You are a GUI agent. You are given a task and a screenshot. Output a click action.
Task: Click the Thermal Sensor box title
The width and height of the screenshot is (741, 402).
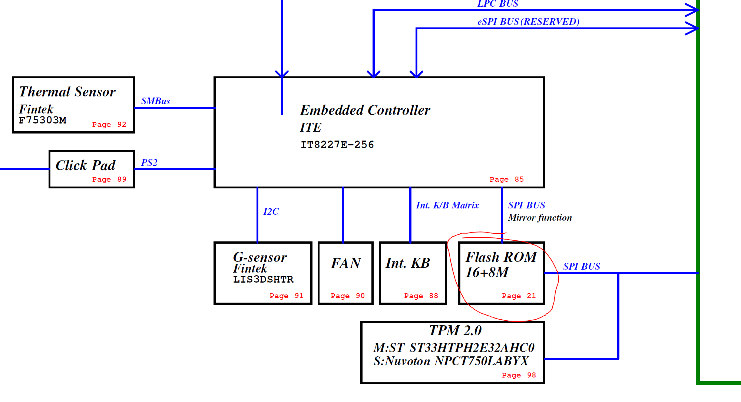67,92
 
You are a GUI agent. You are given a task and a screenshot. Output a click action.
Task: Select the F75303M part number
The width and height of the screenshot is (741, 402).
43,120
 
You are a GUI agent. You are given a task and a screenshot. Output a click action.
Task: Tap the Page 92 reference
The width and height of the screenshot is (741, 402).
109,125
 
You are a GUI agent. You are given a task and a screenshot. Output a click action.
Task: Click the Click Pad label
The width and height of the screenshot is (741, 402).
85,165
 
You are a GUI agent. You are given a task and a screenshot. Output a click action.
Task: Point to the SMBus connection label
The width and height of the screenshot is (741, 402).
155,101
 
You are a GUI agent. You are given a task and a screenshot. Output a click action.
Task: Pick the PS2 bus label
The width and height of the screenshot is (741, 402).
149,163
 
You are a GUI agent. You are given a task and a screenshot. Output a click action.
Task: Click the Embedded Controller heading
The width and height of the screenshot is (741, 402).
365,110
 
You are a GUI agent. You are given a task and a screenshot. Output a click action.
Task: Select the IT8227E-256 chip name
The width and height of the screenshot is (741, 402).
337,145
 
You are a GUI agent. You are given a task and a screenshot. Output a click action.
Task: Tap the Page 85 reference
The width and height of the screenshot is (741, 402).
506,179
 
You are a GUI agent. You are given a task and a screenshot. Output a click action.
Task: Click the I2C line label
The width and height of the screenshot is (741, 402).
271,212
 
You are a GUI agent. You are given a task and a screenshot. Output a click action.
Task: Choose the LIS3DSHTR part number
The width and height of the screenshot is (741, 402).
263,280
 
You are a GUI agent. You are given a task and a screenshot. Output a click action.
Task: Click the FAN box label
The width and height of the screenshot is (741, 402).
345,263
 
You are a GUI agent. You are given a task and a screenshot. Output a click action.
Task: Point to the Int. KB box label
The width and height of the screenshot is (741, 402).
407,263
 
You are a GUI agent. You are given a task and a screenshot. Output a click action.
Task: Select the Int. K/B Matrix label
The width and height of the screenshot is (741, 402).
447,205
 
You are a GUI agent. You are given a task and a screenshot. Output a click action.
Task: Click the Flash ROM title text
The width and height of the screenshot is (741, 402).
501,257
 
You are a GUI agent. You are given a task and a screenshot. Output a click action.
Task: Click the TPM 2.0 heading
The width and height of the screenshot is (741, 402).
455,330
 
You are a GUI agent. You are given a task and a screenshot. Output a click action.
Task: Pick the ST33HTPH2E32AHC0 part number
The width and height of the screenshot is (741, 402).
472,348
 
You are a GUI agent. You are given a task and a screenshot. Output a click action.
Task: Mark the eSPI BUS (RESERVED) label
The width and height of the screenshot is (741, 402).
528,22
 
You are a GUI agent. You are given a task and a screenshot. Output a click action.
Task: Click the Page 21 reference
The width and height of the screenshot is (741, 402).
519,296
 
